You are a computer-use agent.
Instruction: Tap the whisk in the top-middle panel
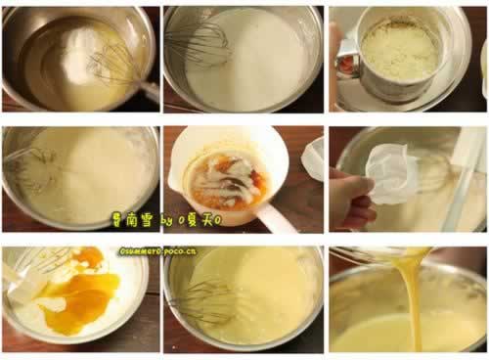[200, 43]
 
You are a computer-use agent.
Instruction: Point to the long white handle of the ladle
[274, 217]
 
